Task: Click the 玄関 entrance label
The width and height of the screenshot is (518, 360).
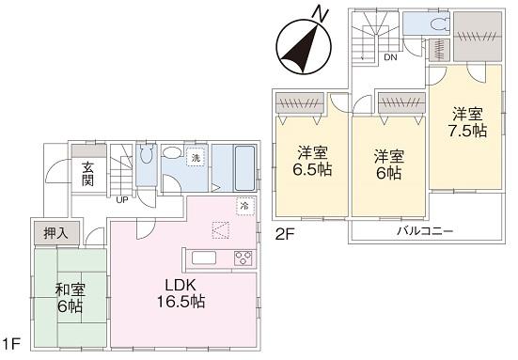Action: pyautogui.click(x=86, y=176)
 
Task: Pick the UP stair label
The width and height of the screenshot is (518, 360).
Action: pyautogui.click(x=122, y=199)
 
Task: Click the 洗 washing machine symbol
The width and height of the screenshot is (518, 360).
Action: pyautogui.click(x=196, y=159)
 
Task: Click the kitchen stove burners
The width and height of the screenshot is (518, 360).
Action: pyautogui.click(x=243, y=258)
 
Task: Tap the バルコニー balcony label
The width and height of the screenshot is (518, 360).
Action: pyautogui.click(x=424, y=230)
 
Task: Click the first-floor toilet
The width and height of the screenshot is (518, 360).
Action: pyautogui.click(x=145, y=160)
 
